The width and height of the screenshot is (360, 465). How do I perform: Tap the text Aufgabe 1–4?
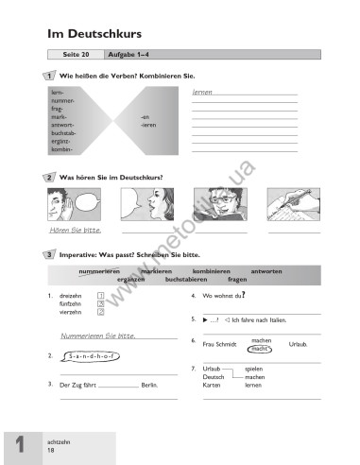(118, 55)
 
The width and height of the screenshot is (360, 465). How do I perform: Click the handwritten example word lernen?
(201, 93)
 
